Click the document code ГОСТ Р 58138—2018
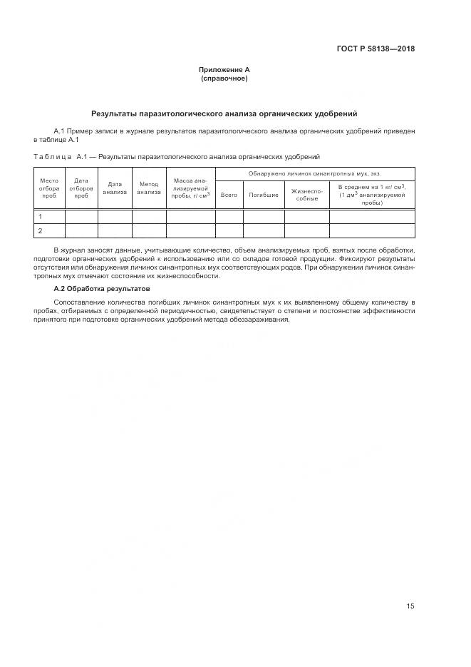tap(376, 49)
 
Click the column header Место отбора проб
tap(49, 188)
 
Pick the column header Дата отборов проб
tap(81, 188)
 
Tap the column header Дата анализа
tap(115, 188)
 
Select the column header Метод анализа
tap(149, 188)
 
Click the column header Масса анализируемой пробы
tap(190, 188)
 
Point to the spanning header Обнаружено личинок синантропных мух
tap(314, 173)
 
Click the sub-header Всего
tap(229, 195)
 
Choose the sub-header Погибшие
tap(264, 195)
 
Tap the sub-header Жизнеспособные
tap(307, 195)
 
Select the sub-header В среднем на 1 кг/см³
tap(371, 194)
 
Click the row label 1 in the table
tap(41, 216)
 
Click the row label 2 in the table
tap(41, 230)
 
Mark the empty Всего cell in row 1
tap(229, 216)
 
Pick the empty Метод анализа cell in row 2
tap(149, 230)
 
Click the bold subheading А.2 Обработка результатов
tap(102, 289)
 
